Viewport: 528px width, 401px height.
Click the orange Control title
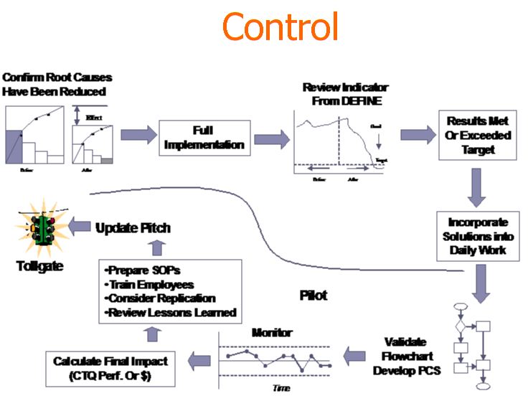pyautogui.click(x=280, y=27)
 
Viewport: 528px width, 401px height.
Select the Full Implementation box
pyautogui.click(x=204, y=138)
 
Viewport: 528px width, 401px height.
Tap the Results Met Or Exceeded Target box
pyautogui.click(x=478, y=136)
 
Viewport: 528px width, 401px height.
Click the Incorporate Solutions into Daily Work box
pyautogui.click(x=477, y=236)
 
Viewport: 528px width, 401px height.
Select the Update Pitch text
pyautogui.click(x=133, y=228)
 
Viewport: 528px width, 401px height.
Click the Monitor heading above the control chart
pyautogui.click(x=272, y=333)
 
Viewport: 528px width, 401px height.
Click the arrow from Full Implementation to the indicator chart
pyautogui.click(x=272, y=134)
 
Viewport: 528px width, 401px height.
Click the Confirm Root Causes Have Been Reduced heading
pyautogui.click(x=57, y=84)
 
